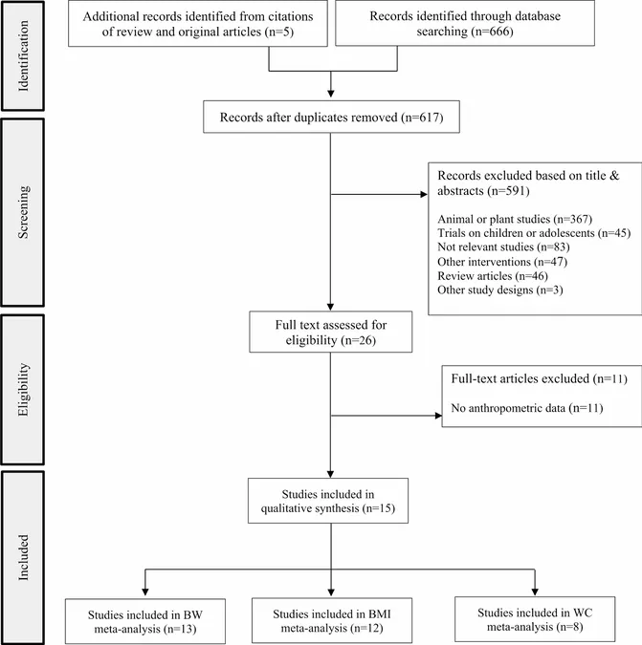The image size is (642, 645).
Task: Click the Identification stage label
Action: (23, 56)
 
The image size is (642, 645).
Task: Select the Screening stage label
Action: (23, 212)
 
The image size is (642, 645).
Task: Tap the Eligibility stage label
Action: (23, 389)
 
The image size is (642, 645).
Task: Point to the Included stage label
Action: (23, 557)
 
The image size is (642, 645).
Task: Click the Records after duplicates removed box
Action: (331, 117)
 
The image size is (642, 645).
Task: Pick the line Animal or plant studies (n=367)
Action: (515, 219)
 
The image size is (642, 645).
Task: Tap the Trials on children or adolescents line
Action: (534, 233)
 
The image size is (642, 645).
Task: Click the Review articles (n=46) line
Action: (493, 275)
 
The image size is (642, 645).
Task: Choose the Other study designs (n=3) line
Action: (500, 290)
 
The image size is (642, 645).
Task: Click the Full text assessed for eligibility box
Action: (331, 332)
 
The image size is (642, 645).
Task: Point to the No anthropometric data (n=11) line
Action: (527, 408)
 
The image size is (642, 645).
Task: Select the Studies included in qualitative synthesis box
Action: (328, 501)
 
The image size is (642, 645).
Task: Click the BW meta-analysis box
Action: (145, 621)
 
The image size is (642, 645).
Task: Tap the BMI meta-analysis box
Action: (332, 620)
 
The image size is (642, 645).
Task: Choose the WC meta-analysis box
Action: (535, 619)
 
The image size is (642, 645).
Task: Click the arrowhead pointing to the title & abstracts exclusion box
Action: (424, 194)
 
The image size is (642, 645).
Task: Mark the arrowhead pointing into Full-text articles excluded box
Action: (438, 416)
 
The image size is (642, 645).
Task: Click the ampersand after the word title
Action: (614, 176)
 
